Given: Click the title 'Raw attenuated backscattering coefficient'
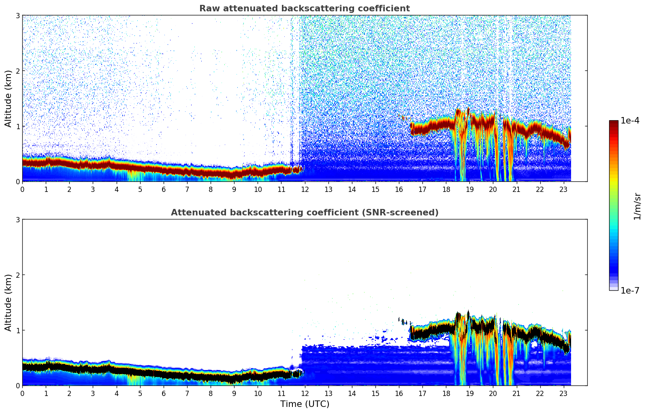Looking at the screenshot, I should click(304, 9).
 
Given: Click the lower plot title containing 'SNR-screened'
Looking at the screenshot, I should click(304, 213).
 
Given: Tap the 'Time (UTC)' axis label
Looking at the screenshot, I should click(305, 404).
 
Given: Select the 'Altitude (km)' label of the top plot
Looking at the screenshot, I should click(8, 98).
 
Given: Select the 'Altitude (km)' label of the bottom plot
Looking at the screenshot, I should click(8, 302).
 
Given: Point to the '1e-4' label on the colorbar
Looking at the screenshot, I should click(630, 121).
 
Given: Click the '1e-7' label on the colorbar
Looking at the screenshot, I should click(630, 290).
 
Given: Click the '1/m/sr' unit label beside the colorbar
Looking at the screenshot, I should click(637, 206).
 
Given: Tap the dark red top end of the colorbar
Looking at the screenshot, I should click(614, 123).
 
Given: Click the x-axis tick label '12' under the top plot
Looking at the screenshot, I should click(305, 189).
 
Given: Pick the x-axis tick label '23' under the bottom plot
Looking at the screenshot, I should click(563, 393).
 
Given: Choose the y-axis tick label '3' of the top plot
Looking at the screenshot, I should click(18, 15).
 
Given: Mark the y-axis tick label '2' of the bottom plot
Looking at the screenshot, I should click(18, 275).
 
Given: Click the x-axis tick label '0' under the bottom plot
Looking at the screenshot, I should click(22, 393).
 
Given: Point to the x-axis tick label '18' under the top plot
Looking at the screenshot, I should click(446, 189).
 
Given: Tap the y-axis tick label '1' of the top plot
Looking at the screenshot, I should click(18, 126).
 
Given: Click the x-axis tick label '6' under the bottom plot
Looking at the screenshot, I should click(164, 393).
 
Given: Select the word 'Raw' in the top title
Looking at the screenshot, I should click(207, 9).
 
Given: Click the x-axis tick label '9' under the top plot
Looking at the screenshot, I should click(234, 189).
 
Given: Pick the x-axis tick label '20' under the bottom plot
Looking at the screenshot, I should click(493, 393).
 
